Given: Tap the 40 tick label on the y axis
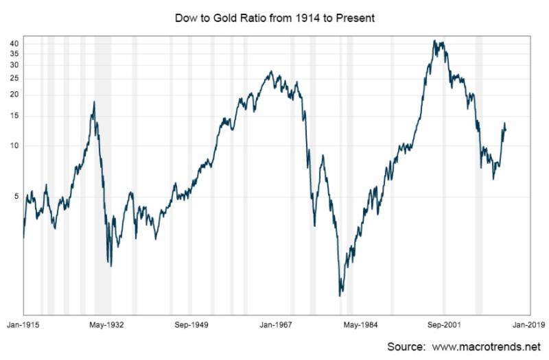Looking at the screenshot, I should [13, 43].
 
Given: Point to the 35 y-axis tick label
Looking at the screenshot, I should [13, 53].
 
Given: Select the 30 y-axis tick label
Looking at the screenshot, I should [13, 65].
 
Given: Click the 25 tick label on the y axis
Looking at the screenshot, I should [13, 78].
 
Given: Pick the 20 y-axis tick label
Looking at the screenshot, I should [13, 95].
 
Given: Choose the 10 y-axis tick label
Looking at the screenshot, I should [13, 146].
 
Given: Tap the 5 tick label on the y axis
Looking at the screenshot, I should [15, 197].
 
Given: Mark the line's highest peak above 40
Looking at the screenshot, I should [434, 40].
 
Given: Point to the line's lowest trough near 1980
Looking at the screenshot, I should [340, 296].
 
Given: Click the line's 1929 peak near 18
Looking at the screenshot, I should [94, 101].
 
